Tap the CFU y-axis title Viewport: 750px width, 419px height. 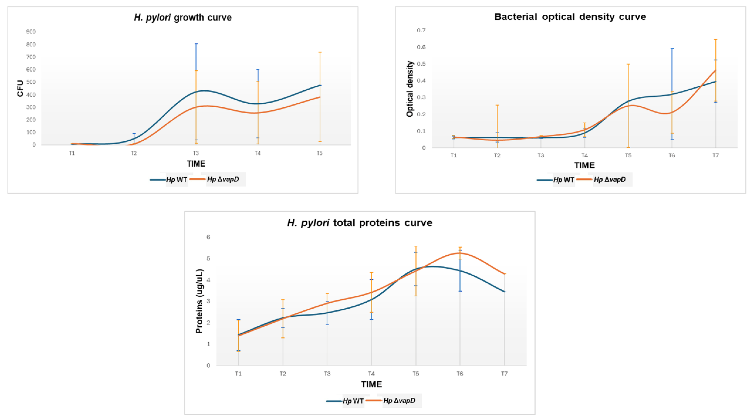pyautogui.click(x=20, y=88)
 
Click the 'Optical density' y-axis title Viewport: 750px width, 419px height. pyautogui.click(x=410, y=89)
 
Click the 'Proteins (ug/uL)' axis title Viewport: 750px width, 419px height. pyautogui.click(x=199, y=301)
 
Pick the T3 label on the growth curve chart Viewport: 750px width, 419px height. pyautogui.click(x=196, y=153)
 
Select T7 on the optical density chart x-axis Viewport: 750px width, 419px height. pyautogui.click(x=715, y=155)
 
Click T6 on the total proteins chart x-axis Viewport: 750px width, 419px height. pyautogui.click(x=460, y=374)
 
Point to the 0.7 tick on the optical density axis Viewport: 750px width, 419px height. pyautogui.click(x=421, y=30)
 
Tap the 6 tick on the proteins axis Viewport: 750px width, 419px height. pyautogui.click(x=208, y=237)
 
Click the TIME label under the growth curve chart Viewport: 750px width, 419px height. pyautogui.click(x=196, y=164)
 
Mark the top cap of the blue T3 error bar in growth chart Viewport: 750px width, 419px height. pyautogui.click(x=196, y=44)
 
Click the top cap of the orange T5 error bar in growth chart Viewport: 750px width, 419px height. pyautogui.click(x=320, y=52)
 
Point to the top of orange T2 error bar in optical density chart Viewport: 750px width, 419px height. pyautogui.click(x=497, y=105)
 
